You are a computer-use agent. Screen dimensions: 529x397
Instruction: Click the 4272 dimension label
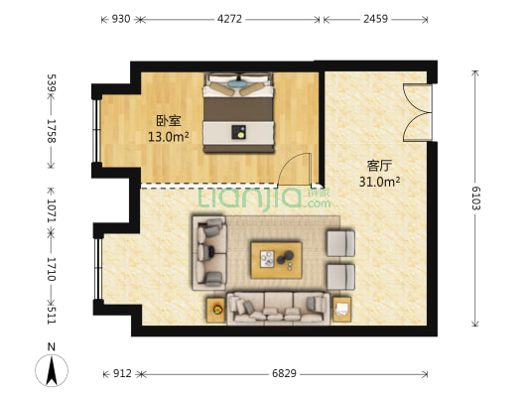pos(229,19)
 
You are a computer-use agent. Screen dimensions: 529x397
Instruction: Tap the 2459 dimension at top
pos(375,19)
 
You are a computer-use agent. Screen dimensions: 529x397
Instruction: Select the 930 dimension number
pos(121,19)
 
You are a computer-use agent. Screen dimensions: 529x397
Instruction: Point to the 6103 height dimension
pos(475,198)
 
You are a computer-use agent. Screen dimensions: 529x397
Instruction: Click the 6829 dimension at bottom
pos(284,374)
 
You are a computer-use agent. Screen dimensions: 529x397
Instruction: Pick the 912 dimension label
pos(122,374)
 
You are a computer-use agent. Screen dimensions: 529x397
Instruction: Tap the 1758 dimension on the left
pos(52,131)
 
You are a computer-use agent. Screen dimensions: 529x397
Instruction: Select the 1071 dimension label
pos(52,210)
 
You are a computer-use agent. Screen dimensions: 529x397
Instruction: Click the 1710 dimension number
pos(52,269)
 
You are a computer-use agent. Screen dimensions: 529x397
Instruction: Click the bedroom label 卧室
pos(169,121)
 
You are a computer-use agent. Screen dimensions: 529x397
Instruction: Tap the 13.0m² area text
pos(169,137)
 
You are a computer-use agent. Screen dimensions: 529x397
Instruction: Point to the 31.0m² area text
pos(379,183)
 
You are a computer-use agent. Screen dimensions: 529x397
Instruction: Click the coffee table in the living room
pos(276,260)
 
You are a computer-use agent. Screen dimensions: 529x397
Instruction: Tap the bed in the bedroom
pos(238,112)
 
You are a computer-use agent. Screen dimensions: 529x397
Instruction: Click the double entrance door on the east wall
pos(418,113)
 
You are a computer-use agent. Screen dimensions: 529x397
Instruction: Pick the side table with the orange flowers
pos(216,310)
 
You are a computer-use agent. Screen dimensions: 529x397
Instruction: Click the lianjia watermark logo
pos(264,199)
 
